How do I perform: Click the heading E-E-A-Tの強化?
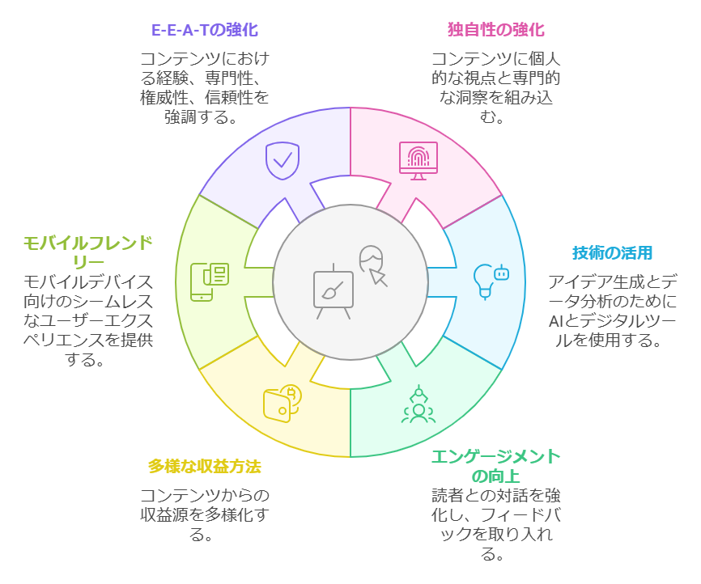205,30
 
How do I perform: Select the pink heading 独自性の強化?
495,30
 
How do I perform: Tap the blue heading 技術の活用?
611,252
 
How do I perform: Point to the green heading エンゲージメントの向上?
495,466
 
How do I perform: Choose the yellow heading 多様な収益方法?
205,467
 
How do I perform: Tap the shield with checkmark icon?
282,160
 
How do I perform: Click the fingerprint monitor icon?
418,160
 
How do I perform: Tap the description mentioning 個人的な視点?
495,87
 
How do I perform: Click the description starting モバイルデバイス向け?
87,320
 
